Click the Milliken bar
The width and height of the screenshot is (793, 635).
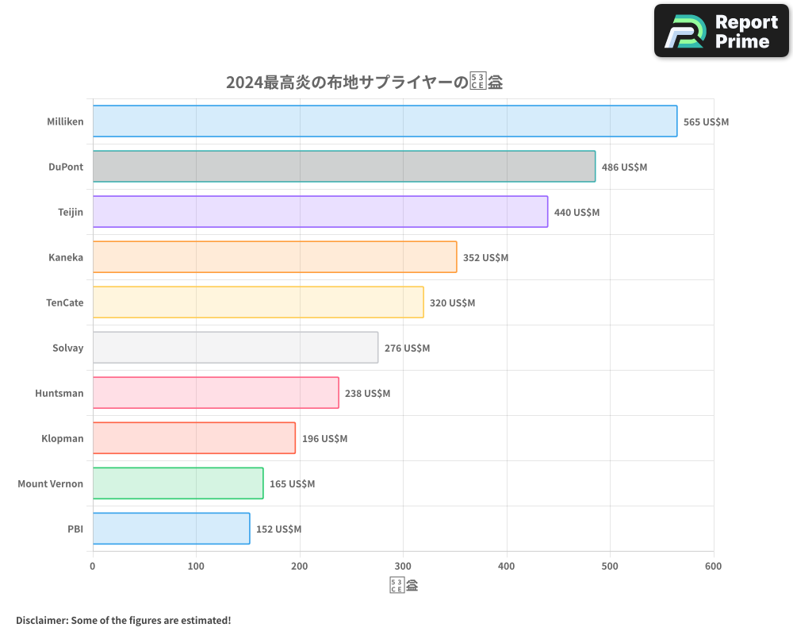tap(385, 121)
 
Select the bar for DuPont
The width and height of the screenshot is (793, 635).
tap(343, 167)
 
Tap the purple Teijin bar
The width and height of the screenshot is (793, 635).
tap(320, 212)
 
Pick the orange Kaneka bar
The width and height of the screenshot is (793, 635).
tap(274, 257)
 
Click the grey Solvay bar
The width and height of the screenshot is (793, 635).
tap(235, 348)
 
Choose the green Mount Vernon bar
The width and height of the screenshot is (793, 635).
tap(178, 483)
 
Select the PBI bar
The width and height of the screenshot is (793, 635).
tap(170, 529)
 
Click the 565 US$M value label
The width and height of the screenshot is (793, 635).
tap(706, 122)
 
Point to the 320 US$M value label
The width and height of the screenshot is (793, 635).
tap(452, 303)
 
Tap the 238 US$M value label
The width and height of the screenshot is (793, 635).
tap(367, 394)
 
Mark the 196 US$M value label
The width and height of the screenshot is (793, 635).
tap(324, 439)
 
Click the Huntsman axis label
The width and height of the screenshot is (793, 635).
tap(59, 394)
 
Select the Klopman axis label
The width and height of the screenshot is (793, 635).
tap(62, 439)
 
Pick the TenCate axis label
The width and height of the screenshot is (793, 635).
tap(64, 303)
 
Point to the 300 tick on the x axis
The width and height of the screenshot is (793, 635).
tap(403, 567)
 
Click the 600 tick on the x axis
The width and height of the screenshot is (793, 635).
tap(713, 567)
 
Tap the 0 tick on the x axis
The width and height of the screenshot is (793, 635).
tap(93, 567)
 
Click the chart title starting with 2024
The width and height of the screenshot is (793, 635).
tap(364, 83)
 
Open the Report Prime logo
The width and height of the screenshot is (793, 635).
tap(722, 31)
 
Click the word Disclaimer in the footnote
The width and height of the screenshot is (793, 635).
tap(41, 621)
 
